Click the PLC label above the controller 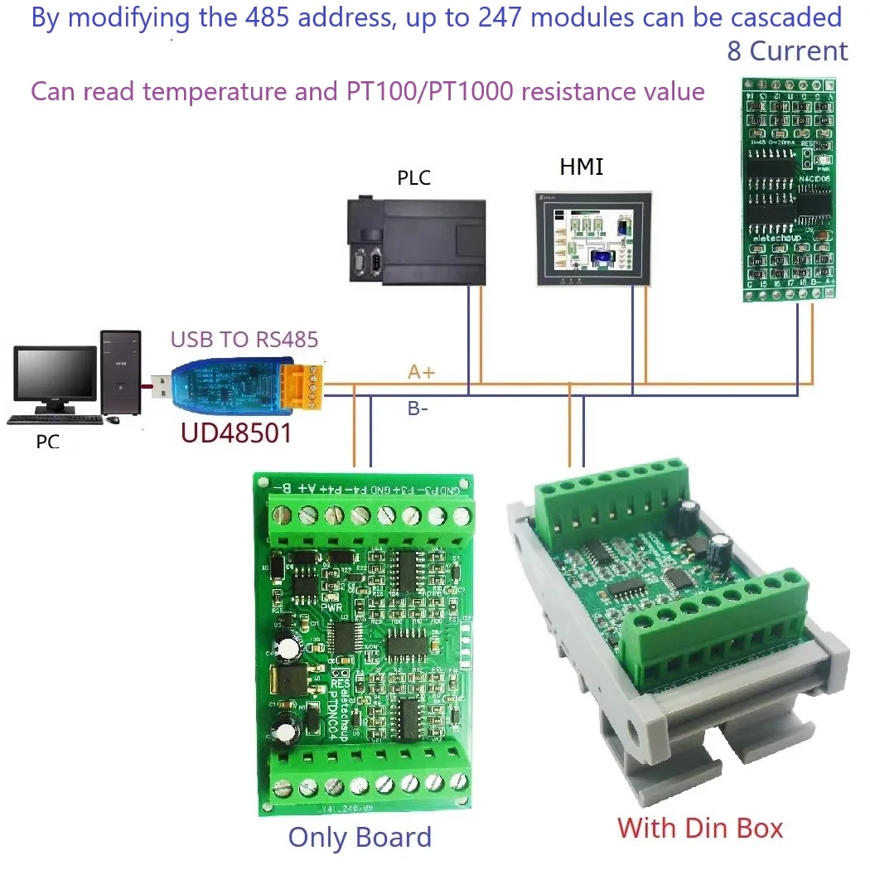tap(413, 178)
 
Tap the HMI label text tap(581, 167)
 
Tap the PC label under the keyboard tap(48, 442)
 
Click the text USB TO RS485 tap(244, 339)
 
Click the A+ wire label tap(421, 373)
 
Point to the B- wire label tap(418, 408)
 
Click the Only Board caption tap(360, 837)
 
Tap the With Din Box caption tap(700, 827)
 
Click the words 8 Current tap(787, 51)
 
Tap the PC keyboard tap(54, 420)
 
